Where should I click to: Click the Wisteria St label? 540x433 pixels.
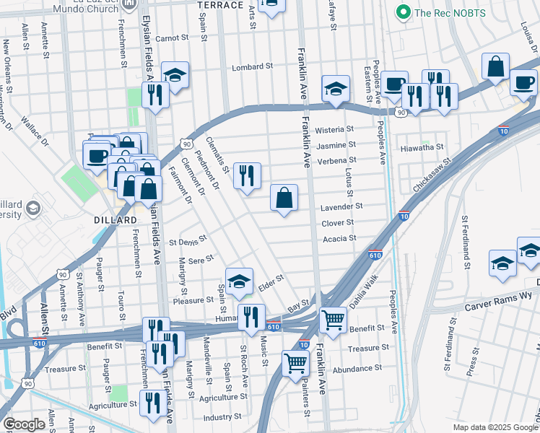coord(336,130)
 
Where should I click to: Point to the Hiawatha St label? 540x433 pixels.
coord(422,146)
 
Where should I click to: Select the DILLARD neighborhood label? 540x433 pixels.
coord(115,219)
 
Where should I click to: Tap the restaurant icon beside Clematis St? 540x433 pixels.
coord(247,175)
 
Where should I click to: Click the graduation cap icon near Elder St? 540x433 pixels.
coord(240,282)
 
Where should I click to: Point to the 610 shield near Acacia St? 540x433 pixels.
coord(375,255)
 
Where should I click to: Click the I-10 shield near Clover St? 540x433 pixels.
coord(404,216)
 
